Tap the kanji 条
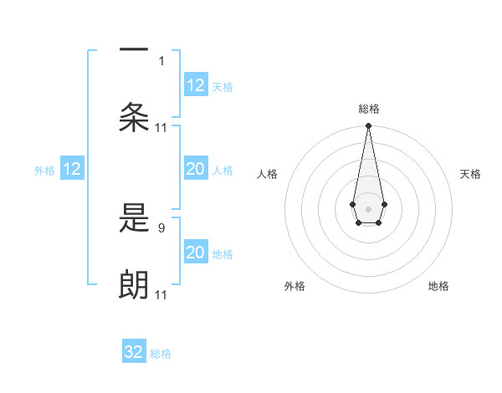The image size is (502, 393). pyautogui.click(x=134, y=117)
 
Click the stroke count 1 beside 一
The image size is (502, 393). pyautogui.click(x=162, y=60)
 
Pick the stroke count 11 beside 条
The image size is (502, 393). pyautogui.click(x=162, y=127)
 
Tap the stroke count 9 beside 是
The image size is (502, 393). pyautogui.click(x=162, y=227)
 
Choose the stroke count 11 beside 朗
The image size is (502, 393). pyautogui.click(x=162, y=295)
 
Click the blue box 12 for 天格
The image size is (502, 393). pyautogui.click(x=195, y=85)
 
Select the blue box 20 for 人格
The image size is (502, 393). pyautogui.click(x=195, y=170)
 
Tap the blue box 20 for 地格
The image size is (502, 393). pyautogui.click(x=195, y=253)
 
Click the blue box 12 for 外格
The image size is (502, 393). pyautogui.click(x=72, y=170)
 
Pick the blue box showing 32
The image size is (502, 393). pyautogui.click(x=134, y=352)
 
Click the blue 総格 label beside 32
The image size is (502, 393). pyautogui.click(x=161, y=354)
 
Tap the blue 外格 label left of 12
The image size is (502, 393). pyautogui.click(x=44, y=171)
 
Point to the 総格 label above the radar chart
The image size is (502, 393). pyautogui.click(x=368, y=109)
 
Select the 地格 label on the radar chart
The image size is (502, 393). pyautogui.click(x=438, y=286)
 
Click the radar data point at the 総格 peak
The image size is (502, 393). pyautogui.click(x=368, y=126)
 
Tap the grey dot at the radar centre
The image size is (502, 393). pyautogui.click(x=368, y=207)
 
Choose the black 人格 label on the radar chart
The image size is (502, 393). pyautogui.click(x=268, y=174)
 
